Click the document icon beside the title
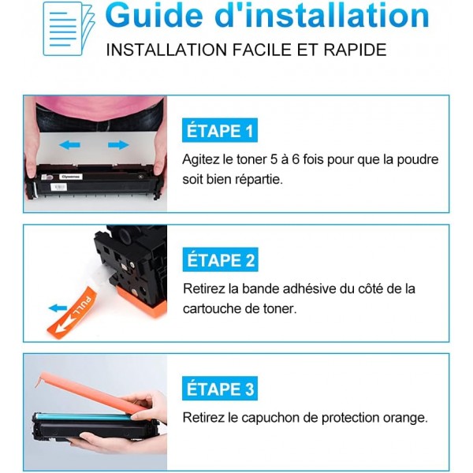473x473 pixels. click(x=69, y=28)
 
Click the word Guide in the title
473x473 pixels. click(x=155, y=16)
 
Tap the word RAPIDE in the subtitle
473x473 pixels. click(x=355, y=50)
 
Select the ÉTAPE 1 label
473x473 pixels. click(x=220, y=130)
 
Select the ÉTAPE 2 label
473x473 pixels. click(x=220, y=259)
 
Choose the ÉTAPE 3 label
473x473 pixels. click(x=220, y=389)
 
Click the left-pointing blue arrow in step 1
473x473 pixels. click(x=69, y=145)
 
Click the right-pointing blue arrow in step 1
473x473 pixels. click(x=118, y=145)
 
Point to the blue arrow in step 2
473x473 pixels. click(x=58, y=308)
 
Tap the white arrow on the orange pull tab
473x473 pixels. click(x=67, y=324)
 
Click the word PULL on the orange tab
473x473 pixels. click(x=82, y=306)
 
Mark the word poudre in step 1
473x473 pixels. click(x=418, y=160)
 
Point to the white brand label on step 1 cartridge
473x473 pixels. click(x=71, y=177)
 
